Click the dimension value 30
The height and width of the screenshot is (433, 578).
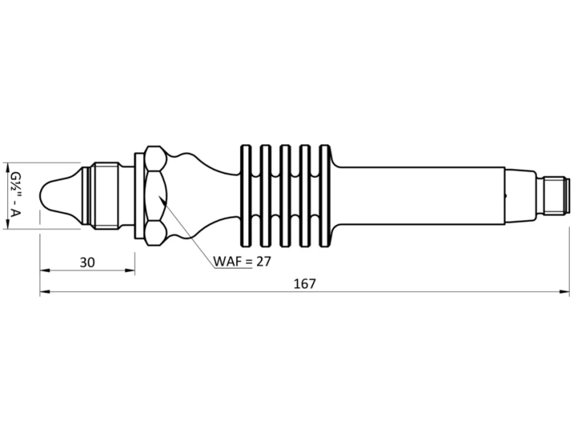88,262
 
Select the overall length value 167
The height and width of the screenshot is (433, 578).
305,284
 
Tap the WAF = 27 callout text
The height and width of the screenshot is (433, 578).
242,261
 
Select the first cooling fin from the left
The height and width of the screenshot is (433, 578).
245,196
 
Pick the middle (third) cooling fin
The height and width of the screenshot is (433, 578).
284,196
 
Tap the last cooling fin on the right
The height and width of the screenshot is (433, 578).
324,196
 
